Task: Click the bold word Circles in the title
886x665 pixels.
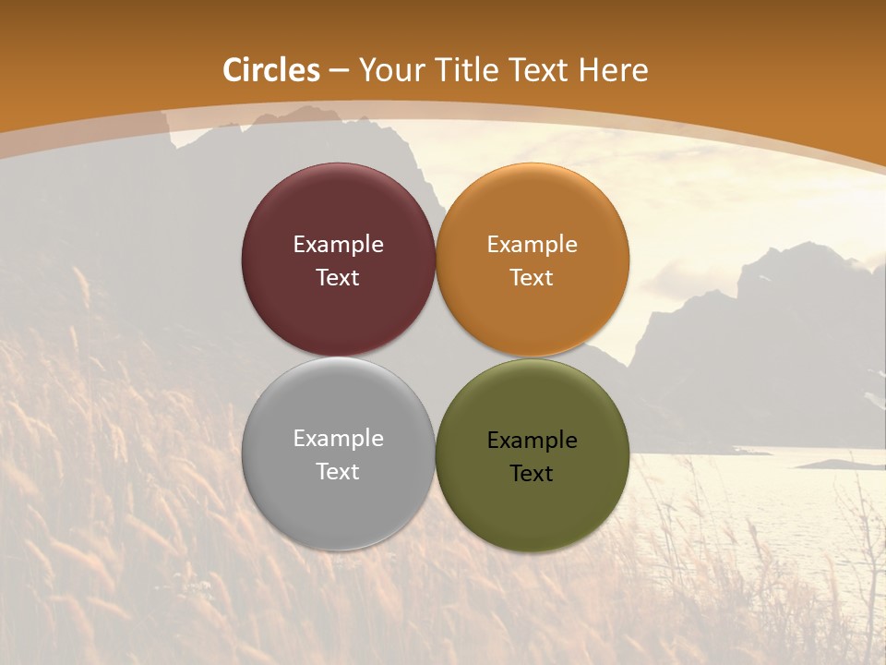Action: point(271,70)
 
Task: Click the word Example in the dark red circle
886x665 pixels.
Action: point(338,245)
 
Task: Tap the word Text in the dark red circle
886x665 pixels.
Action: point(338,277)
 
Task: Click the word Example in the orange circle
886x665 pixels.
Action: point(533,245)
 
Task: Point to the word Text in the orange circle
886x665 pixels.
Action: point(533,277)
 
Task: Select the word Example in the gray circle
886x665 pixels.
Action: point(338,439)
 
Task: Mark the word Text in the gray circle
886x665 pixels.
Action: point(338,471)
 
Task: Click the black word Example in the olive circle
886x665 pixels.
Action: point(533,441)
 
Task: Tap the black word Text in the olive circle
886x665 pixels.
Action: point(533,473)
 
